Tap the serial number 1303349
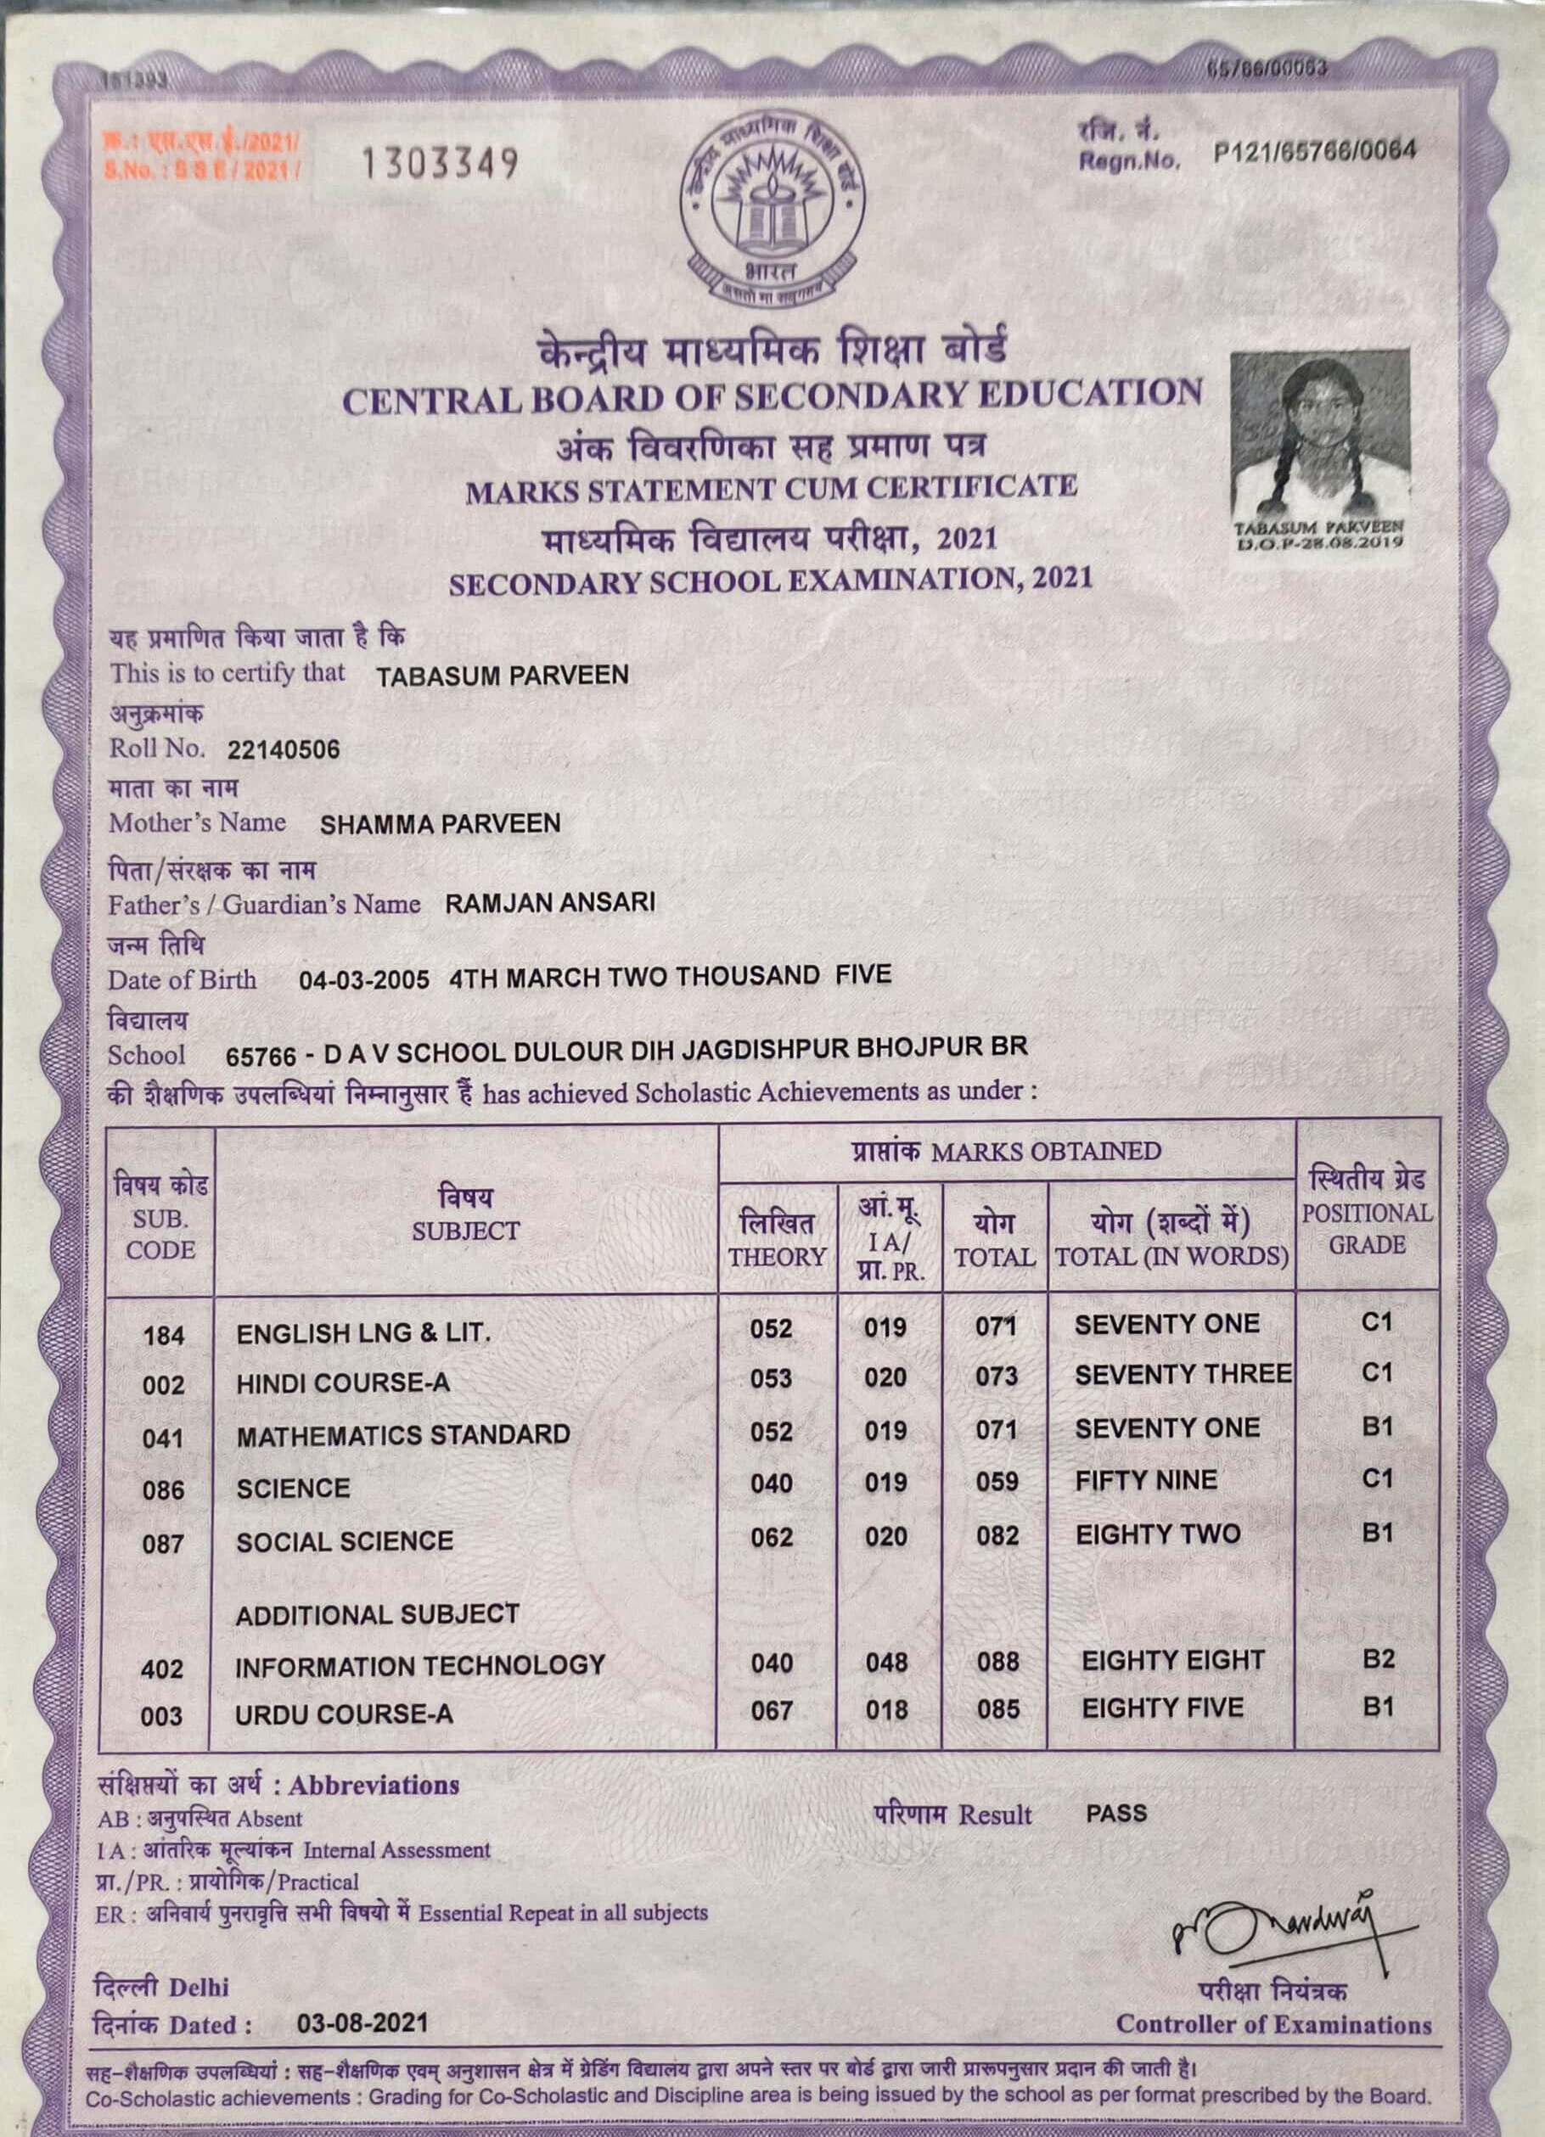[x=441, y=165]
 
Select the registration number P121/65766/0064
[x=1315, y=151]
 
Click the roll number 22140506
[x=284, y=750]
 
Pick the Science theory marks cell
[x=771, y=1484]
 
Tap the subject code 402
[x=161, y=1669]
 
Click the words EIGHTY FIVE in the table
[x=1162, y=1708]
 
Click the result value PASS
[x=1116, y=1814]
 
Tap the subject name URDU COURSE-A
[x=344, y=1714]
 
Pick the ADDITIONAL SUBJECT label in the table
[x=377, y=1614]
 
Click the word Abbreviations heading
[x=374, y=1786]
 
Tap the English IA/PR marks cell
[x=885, y=1327]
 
